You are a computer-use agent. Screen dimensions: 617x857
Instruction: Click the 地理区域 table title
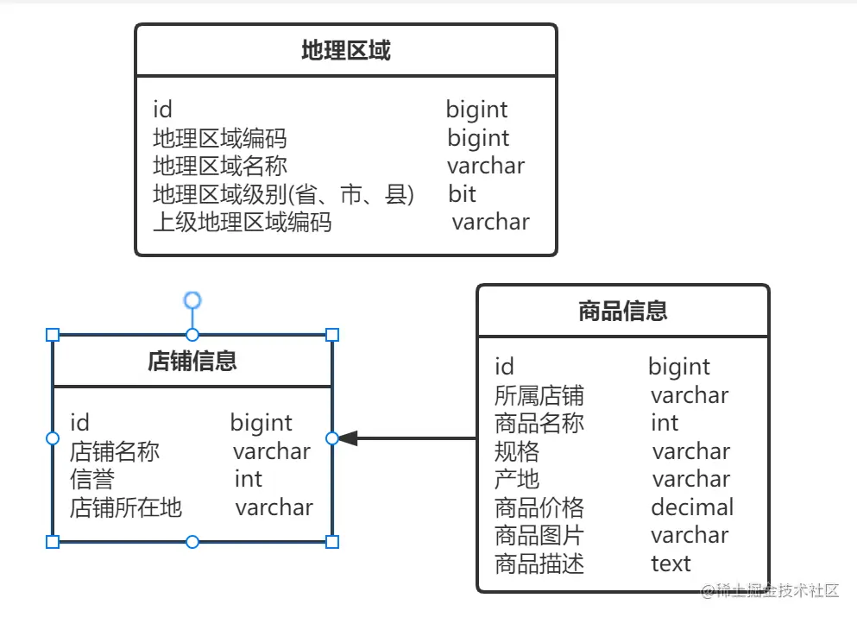[345, 51]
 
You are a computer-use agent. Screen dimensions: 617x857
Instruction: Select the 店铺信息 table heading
[192, 361]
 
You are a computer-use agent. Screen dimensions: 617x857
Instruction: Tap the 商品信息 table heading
[622, 311]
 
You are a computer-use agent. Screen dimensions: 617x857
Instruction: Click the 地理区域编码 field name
[219, 138]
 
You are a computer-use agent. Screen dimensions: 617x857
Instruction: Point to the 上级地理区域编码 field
[242, 222]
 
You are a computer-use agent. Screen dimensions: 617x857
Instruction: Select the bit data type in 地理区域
[462, 193]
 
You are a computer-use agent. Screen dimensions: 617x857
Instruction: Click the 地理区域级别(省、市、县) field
[283, 194]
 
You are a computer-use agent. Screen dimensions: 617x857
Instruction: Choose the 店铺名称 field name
[114, 451]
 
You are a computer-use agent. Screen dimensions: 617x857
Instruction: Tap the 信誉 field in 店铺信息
[91, 479]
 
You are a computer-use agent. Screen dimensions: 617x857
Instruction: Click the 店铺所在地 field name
[125, 507]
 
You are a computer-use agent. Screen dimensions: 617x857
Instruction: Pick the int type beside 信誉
[248, 479]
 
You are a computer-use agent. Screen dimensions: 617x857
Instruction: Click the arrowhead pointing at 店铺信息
[347, 438]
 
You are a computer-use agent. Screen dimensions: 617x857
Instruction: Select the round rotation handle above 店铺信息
[192, 300]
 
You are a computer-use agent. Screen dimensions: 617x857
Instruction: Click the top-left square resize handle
[53, 335]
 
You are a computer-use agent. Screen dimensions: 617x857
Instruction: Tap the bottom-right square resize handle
[332, 542]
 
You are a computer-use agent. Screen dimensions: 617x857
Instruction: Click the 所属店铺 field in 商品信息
[539, 395]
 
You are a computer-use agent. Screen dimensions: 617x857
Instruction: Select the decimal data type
[691, 507]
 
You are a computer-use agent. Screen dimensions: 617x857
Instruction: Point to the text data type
[671, 563]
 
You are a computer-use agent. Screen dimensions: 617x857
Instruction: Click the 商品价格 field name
[539, 507]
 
